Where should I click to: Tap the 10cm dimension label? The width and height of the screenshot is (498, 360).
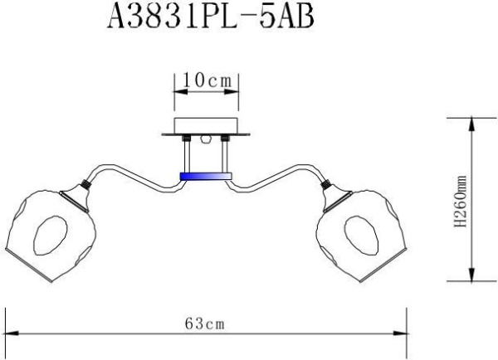coord(206,80)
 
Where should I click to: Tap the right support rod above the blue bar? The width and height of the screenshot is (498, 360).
coord(223,155)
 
